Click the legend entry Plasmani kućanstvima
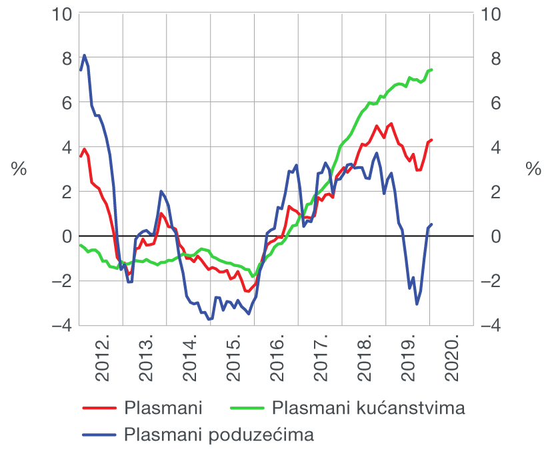point(368,407)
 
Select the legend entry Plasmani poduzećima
point(219,435)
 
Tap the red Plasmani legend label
point(163,407)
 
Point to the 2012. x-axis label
point(102,361)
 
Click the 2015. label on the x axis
point(233,361)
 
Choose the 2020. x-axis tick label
point(453,361)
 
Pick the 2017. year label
point(321,361)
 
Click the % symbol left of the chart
point(19,170)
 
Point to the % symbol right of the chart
point(533,170)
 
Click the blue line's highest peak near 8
point(84,55)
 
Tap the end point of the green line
point(432,69)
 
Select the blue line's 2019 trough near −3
point(417,304)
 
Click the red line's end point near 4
point(432,140)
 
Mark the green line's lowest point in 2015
point(252,276)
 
